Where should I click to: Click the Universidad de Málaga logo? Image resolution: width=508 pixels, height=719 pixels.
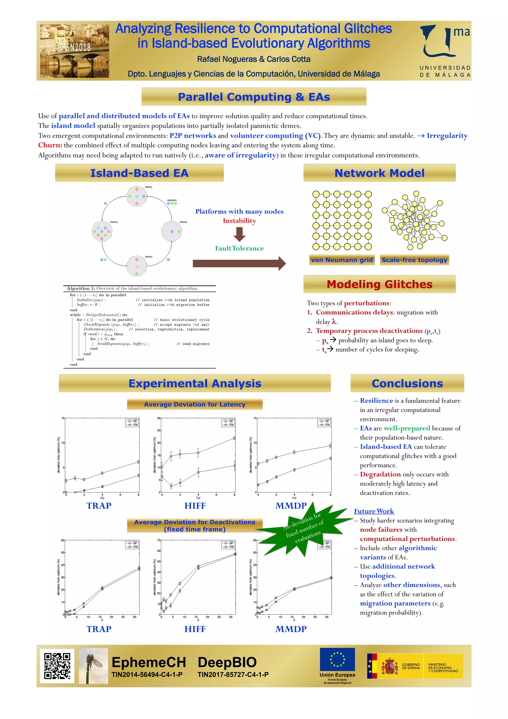coord(445,50)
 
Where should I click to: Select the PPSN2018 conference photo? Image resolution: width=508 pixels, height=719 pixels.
coord(74,51)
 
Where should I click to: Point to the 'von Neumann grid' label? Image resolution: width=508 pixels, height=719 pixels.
coord(342,260)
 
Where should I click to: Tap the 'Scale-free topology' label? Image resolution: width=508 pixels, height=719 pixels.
coord(414,260)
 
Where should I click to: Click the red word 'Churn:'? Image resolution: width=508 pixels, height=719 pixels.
coord(50,145)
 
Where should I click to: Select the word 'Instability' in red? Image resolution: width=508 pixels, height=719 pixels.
coord(239,221)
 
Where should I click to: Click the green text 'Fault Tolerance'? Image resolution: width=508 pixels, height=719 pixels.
coord(239,248)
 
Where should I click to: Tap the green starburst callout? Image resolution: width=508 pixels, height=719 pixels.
coord(303,529)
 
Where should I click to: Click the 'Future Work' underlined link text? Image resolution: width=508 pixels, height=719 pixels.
coord(374,511)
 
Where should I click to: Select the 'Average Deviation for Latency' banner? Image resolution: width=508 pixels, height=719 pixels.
coord(194,404)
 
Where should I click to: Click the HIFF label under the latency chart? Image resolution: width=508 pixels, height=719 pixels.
coord(195,506)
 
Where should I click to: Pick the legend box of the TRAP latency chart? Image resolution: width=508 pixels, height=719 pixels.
coord(132,423)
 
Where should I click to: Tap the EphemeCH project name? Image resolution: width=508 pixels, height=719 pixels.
coord(149,662)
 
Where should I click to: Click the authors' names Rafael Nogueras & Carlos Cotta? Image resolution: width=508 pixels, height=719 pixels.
coord(254,59)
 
